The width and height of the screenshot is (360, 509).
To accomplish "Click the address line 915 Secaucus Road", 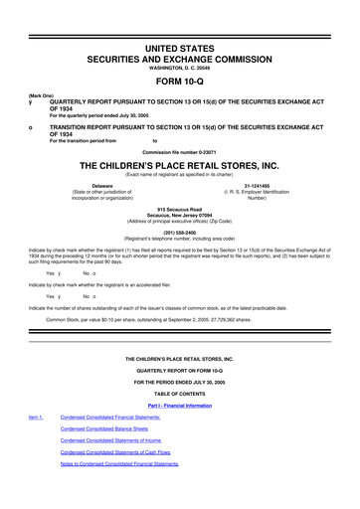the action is tap(180, 209).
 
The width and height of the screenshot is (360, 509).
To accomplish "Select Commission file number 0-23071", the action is tap(179, 148).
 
